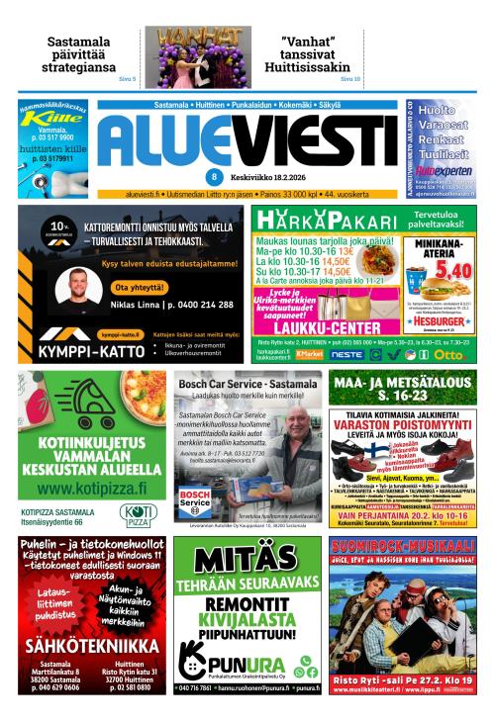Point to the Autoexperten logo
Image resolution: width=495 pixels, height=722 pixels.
point(444,169)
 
